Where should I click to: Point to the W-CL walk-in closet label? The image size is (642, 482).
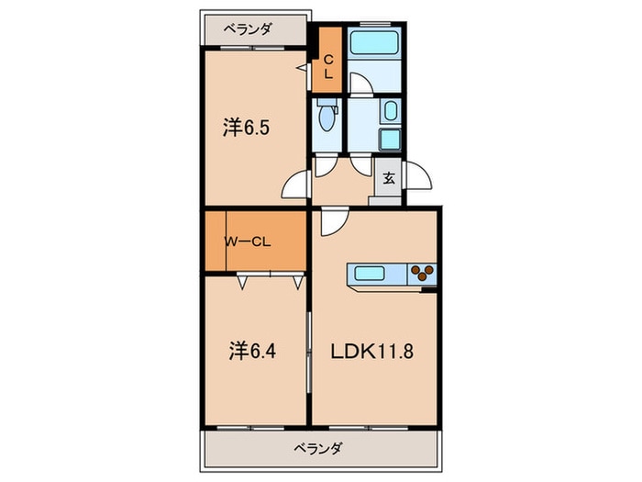pos(248,242)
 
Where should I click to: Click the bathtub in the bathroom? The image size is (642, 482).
pos(374,43)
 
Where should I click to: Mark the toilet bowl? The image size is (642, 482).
pos(326,116)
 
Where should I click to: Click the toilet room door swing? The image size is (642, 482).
pos(325,165)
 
